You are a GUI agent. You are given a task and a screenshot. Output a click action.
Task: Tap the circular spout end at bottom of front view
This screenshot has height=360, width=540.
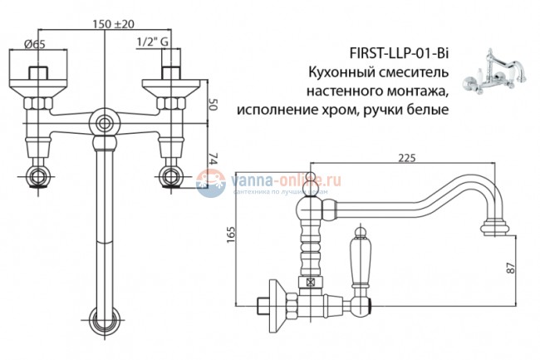104,319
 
